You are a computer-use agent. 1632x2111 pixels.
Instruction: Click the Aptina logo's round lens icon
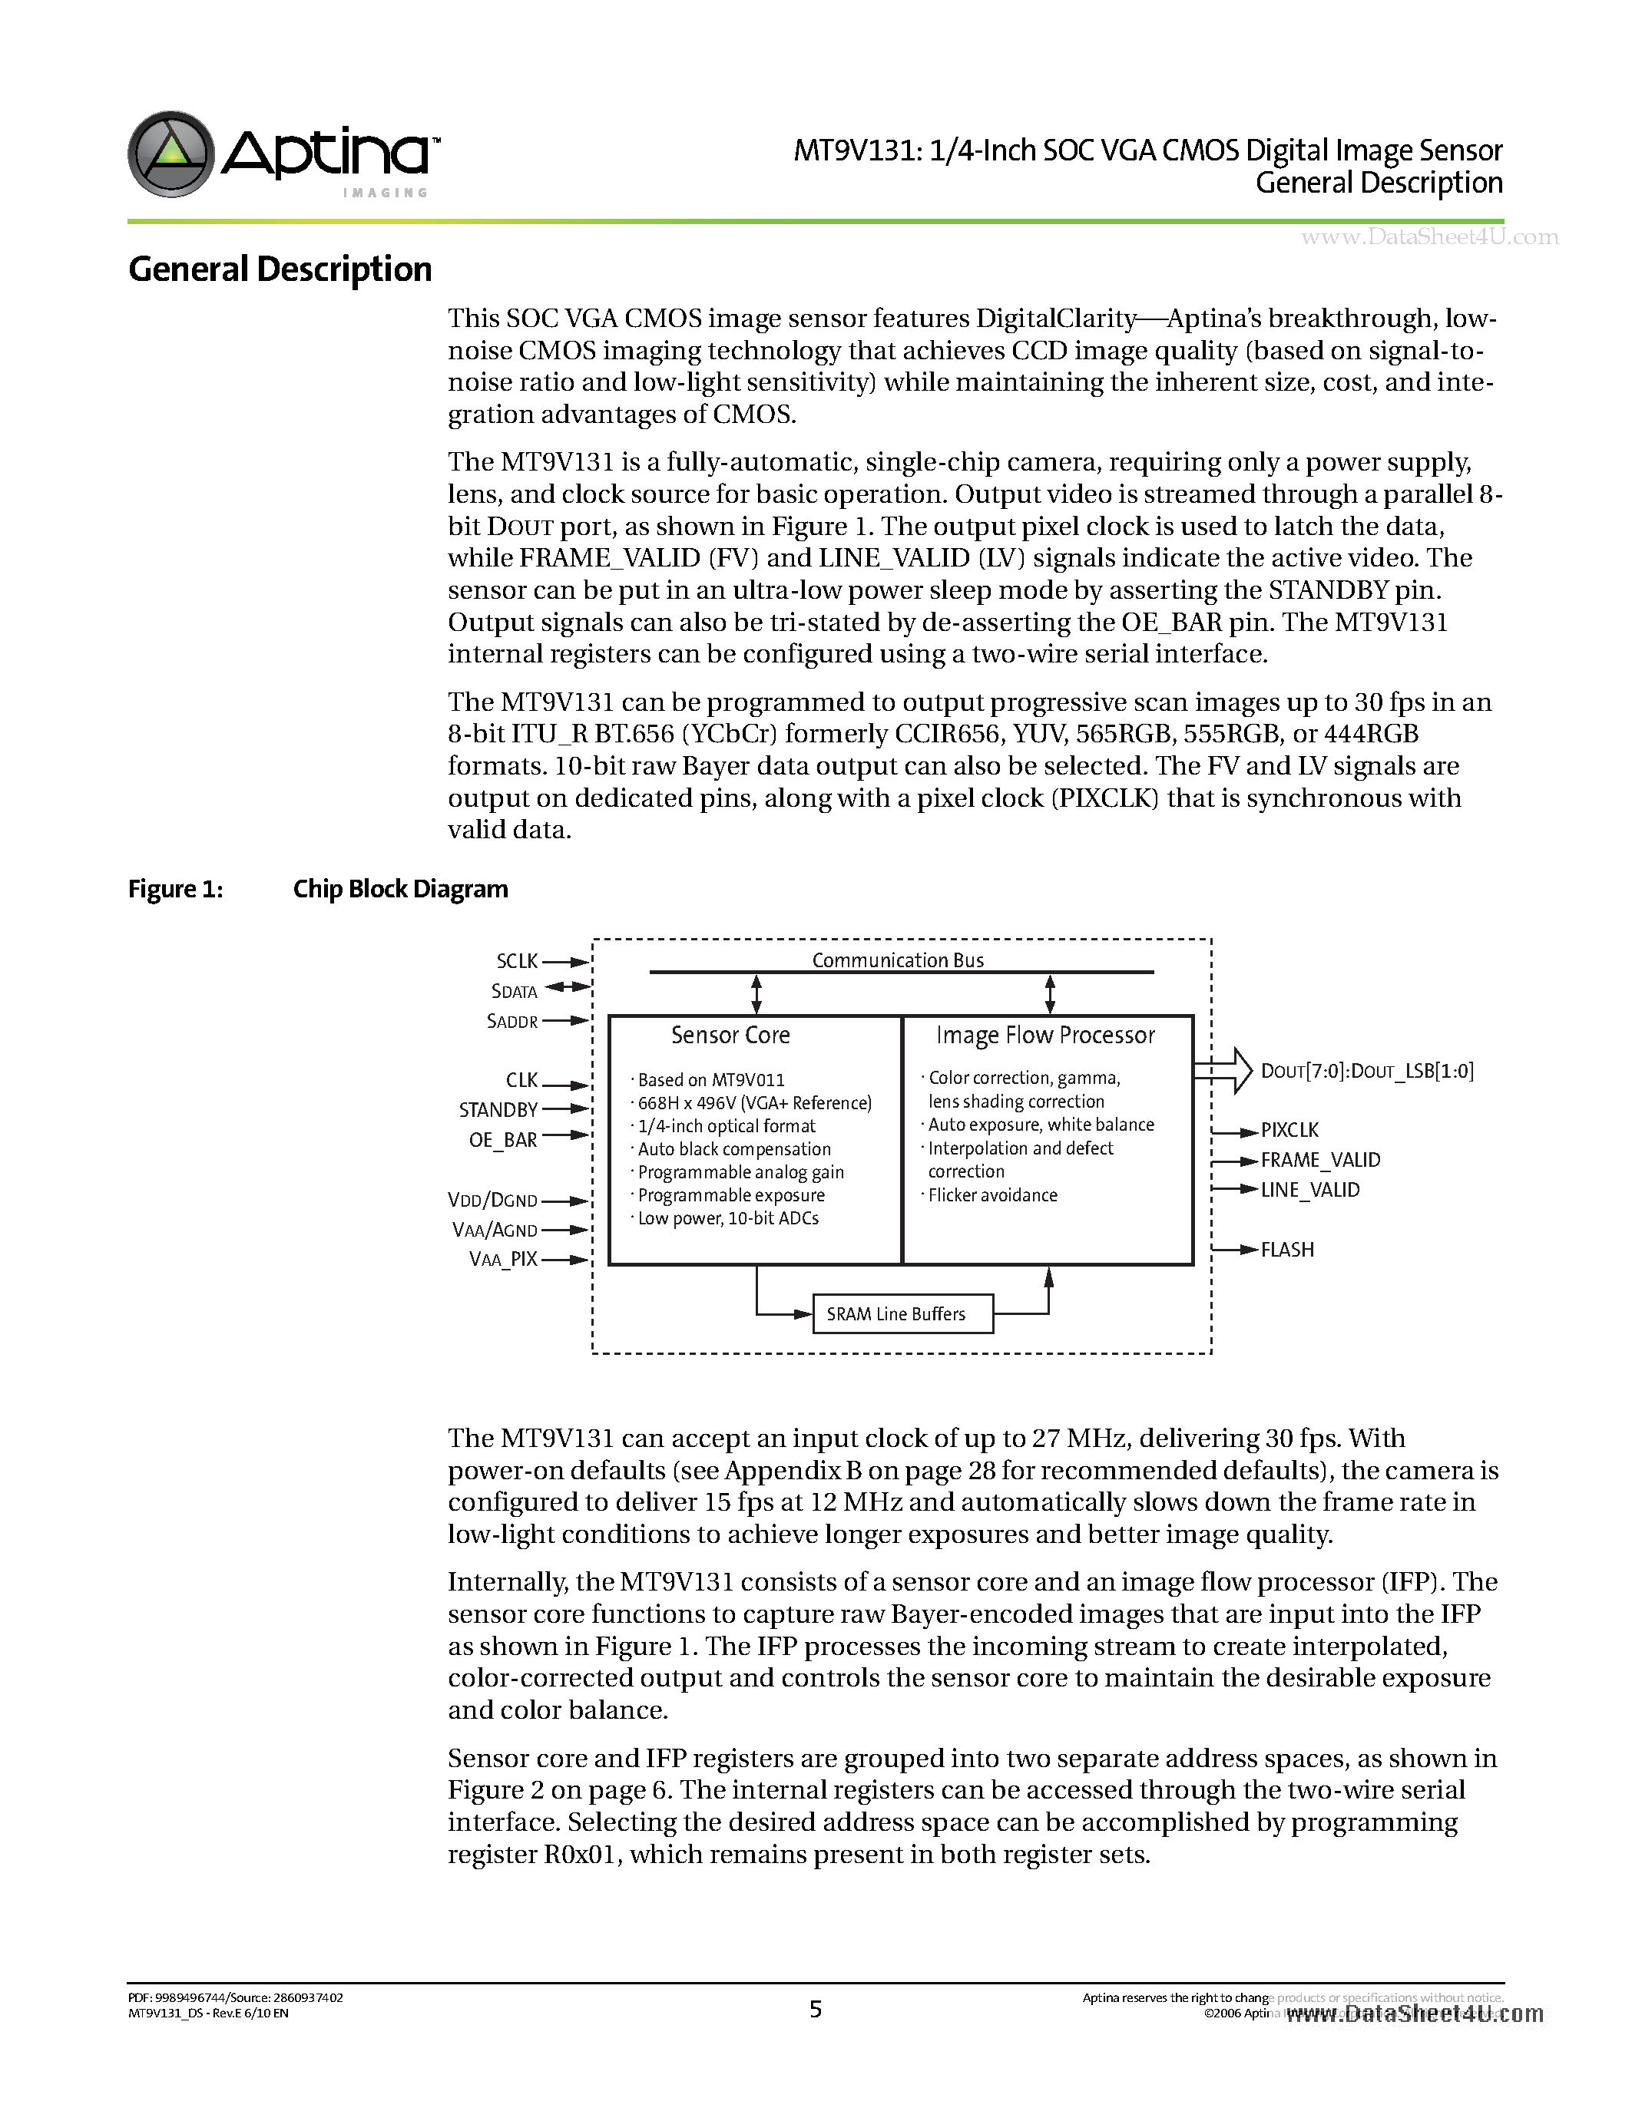(x=171, y=154)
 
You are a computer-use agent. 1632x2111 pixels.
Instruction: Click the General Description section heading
(x=280, y=269)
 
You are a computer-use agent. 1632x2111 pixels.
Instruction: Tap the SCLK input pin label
(x=518, y=961)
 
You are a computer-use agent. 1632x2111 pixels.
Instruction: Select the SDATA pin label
(x=515, y=991)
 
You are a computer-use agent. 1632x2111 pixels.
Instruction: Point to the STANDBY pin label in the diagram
(x=498, y=1110)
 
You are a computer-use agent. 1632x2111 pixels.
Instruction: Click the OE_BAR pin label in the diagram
(x=503, y=1140)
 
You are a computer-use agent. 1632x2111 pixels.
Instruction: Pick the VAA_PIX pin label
(x=503, y=1260)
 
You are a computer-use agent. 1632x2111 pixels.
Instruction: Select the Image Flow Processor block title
(x=1045, y=1036)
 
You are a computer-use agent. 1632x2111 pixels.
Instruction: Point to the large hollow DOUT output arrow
(x=1225, y=1070)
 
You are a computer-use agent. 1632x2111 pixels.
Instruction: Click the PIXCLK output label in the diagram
(x=1289, y=1130)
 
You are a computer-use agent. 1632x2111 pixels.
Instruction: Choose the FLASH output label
(x=1287, y=1250)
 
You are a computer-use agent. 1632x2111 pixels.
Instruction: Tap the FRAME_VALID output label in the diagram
(x=1319, y=1160)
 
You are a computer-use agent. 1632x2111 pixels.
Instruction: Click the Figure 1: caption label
(x=176, y=889)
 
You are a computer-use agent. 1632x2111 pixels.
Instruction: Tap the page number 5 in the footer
(x=815, y=2010)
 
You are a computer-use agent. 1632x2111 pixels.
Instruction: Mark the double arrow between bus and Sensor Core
(x=757, y=993)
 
